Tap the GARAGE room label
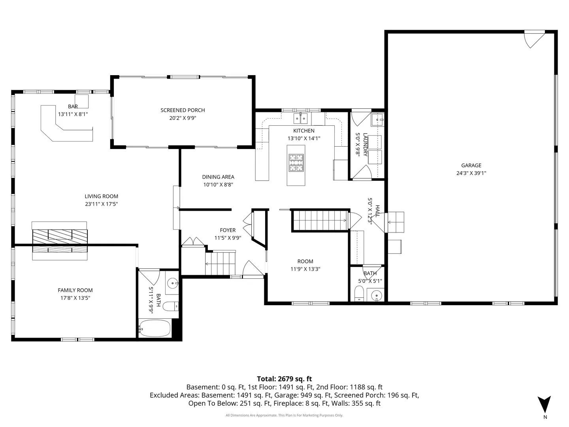(471, 165)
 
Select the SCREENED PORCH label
(183, 110)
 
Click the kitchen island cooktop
(296, 163)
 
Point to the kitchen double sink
(300, 119)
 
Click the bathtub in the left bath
(155, 329)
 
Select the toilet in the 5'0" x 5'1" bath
(359, 293)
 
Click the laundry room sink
(377, 119)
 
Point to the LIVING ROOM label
(102, 196)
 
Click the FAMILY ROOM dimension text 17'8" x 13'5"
(75, 298)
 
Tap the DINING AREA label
(218, 177)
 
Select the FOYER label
(228, 230)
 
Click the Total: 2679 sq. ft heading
(284, 379)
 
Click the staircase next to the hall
(320, 220)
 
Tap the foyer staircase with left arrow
(220, 264)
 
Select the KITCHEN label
(304, 130)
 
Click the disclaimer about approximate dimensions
(284, 415)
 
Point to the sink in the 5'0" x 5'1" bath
(376, 295)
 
